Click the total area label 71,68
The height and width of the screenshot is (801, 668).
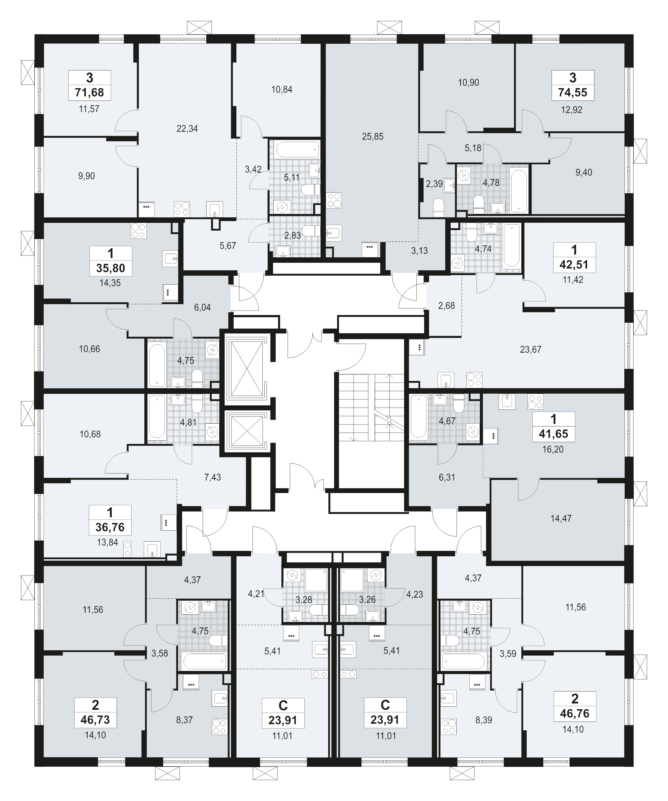click(90, 92)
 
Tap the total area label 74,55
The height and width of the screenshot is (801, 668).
click(573, 92)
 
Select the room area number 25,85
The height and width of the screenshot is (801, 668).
click(373, 136)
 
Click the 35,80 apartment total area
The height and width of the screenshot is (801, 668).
click(110, 268)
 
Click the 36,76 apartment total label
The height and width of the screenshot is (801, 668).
click(110, 527)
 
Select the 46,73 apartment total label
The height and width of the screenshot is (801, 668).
click(95, 720)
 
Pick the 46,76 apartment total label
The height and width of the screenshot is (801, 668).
click(574, 713)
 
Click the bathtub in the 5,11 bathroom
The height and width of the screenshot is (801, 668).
click(298, 150)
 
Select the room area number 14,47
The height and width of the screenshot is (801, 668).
click(561, 518)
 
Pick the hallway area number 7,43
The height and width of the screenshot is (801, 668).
click(212, 477)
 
